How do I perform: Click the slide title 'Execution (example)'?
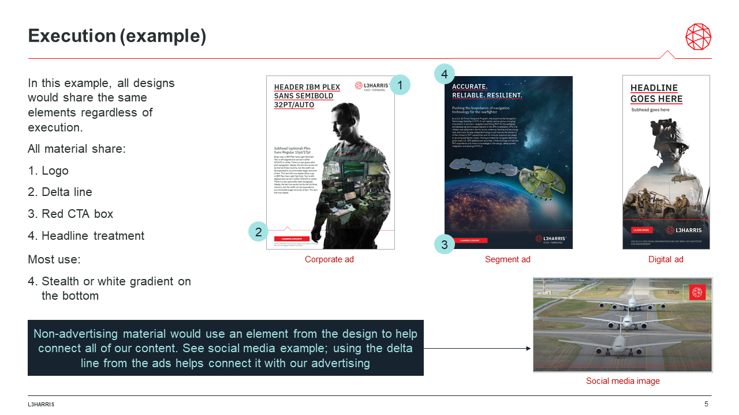coord(117,36)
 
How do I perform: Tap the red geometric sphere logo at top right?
coord(698,37)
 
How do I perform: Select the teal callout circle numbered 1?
coord(400,85)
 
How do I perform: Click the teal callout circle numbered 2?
coord(259,232)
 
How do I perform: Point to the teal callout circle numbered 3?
coord(444,244)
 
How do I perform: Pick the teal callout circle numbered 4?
coord(445,74)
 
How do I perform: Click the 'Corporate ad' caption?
coord(329,259)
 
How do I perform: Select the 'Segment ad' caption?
coord(507,259)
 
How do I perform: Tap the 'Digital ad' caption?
coord(666,259)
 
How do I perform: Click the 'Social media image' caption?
coord(622,381)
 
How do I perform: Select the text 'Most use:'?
coord(54,259)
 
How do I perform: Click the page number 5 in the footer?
coord(706,404)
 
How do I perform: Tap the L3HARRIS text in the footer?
coord(41,405)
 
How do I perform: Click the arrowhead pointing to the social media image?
coord(528,348)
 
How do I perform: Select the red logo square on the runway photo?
coord(697,292)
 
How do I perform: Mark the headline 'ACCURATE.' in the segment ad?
coord(470,86)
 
